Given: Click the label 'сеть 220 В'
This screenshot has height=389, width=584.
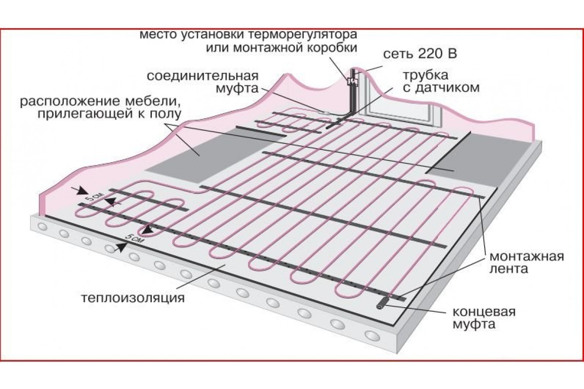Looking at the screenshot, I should point(420,54).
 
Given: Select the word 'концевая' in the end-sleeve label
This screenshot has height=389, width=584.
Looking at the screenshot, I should point(484,311).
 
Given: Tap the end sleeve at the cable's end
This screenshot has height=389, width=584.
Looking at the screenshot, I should point(383,303).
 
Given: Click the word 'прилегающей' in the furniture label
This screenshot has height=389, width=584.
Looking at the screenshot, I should point(80,114).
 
